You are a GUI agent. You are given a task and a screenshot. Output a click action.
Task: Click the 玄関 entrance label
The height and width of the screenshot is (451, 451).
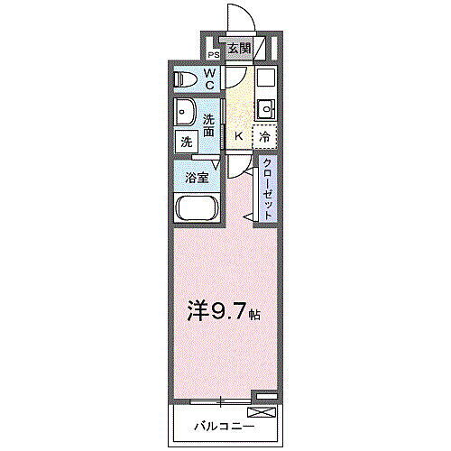pyautogui.click(x=238, y=49)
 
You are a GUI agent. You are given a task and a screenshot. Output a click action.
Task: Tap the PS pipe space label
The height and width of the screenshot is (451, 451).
pyautogui.click(x=212, y=54)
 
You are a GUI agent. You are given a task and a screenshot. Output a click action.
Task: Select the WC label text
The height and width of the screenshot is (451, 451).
pyautogui.click(x=208, y=79)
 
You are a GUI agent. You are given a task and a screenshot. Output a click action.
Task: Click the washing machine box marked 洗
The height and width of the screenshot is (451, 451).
pyautogui.click(x=186, y=142)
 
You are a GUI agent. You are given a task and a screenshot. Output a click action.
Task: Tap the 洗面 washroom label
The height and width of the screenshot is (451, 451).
pyautogui.click(x=209, y=125)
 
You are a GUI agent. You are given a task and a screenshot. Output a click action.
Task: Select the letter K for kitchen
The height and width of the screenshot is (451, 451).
pyautogui.click(x=238, y=136)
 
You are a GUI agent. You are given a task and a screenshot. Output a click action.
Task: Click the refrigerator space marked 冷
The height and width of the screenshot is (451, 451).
pyautogui.click(x=264, y=136)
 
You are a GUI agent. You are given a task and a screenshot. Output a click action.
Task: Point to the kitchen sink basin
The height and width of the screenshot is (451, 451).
pyautogui.click(x=265, y=110)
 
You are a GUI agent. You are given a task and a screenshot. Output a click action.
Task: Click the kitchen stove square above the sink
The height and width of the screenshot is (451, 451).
pyautogui.click(x=265, y=78)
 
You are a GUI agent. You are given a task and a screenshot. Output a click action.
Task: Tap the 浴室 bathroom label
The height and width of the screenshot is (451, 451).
pyautogui.click(x=198, y=177)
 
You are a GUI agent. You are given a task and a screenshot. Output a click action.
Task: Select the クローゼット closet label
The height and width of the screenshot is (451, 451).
pyautogui.click(x=268, y=187)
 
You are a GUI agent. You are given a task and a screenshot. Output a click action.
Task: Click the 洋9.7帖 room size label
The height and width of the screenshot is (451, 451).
pyautogui.click(x=225, y=315)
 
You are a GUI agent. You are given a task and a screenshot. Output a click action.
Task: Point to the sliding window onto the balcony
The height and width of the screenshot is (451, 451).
pyautogui.click(x=217, y=400)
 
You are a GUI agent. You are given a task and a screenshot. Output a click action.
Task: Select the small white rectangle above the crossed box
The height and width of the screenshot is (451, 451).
pyautogui.click(x=263, y=396)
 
